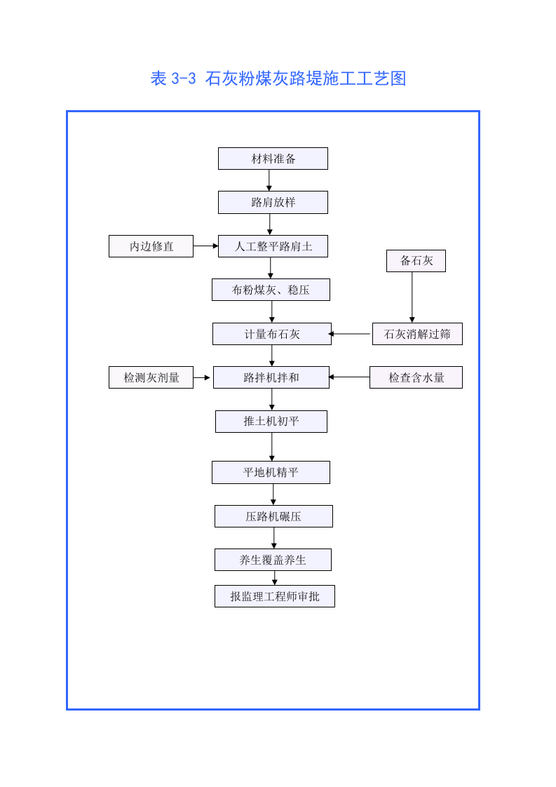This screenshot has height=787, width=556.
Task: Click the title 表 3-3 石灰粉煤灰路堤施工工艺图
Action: click(278, 79)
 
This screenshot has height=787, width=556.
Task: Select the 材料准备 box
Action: click(273, 159)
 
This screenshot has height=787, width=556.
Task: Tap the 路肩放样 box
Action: click(273, 203)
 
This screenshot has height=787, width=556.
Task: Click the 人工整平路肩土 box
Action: click(273, 246)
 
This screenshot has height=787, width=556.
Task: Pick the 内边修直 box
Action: click(151, 246)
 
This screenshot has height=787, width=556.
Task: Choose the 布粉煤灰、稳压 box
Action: click(271, 290)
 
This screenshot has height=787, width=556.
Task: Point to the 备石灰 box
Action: click(416, 261)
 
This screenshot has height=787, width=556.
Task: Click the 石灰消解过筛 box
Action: click(417, 334)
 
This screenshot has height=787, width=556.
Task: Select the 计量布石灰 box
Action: click(272, 334)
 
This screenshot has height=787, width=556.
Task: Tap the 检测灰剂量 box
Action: click(151, 377)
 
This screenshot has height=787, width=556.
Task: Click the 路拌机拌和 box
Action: click(271, 377)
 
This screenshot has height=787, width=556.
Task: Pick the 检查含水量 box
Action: click(416, 377)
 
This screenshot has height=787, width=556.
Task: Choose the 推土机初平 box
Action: click(271, 422)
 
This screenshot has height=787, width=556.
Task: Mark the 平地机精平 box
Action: click(271, 472)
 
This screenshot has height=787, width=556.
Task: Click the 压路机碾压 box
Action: click(273, 516)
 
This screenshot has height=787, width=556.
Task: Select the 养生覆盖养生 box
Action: click(273, 560)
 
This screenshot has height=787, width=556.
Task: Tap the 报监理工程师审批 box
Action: click(275, 596)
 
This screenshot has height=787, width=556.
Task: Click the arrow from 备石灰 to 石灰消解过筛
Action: click(412, 297)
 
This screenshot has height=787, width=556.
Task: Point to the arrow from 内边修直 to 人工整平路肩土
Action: click(205, 246)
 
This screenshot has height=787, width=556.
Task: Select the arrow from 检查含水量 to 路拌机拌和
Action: click(349, 377)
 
